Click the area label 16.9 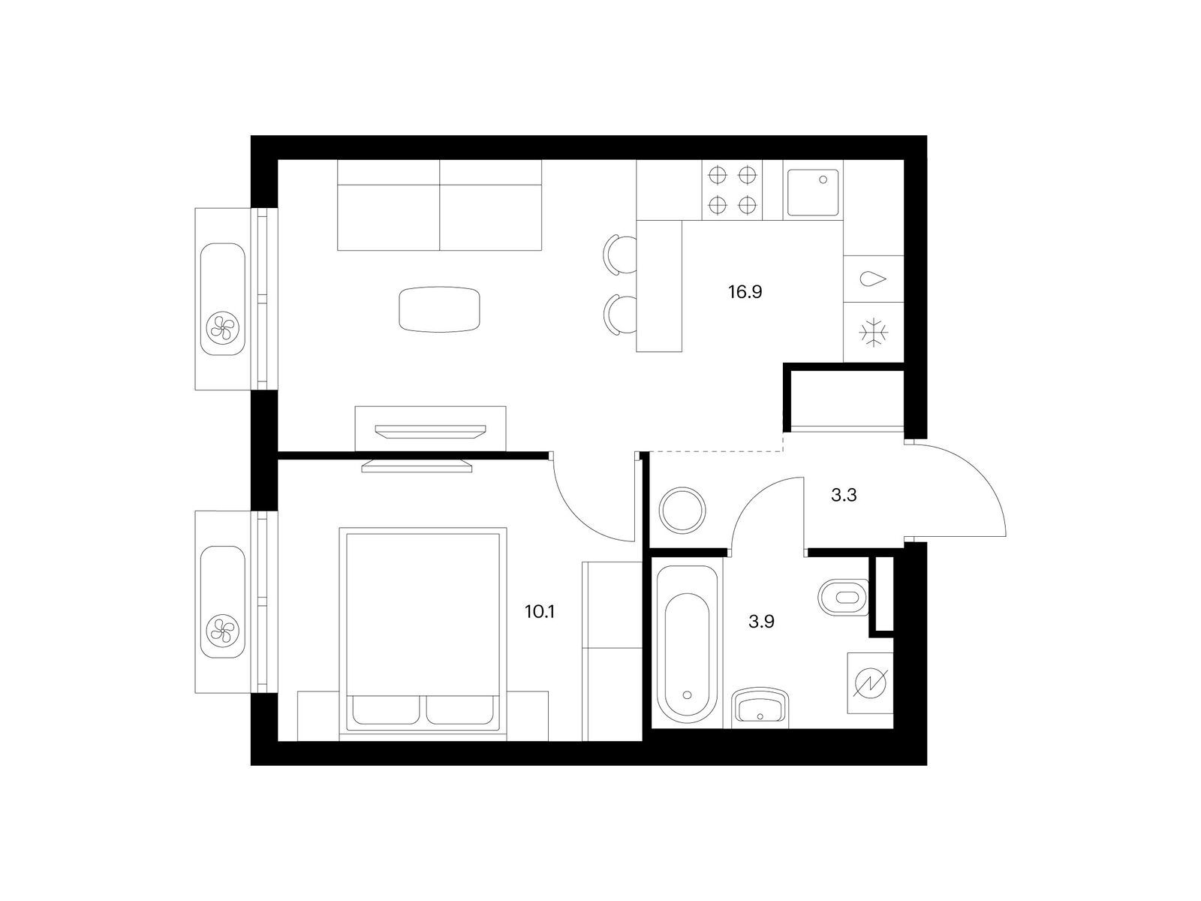pos(745,292)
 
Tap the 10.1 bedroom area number pos(540,612)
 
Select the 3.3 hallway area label pos(844,495)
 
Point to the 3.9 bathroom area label pos(761,622)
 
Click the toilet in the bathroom pos(843,598)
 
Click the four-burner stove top pos(732,191)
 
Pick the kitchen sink pos(812,192)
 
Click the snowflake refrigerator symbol pos(873,333)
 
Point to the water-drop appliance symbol pos(873,279)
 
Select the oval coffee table pos(439,309)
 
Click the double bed pos(423,634)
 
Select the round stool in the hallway pos(682,510)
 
